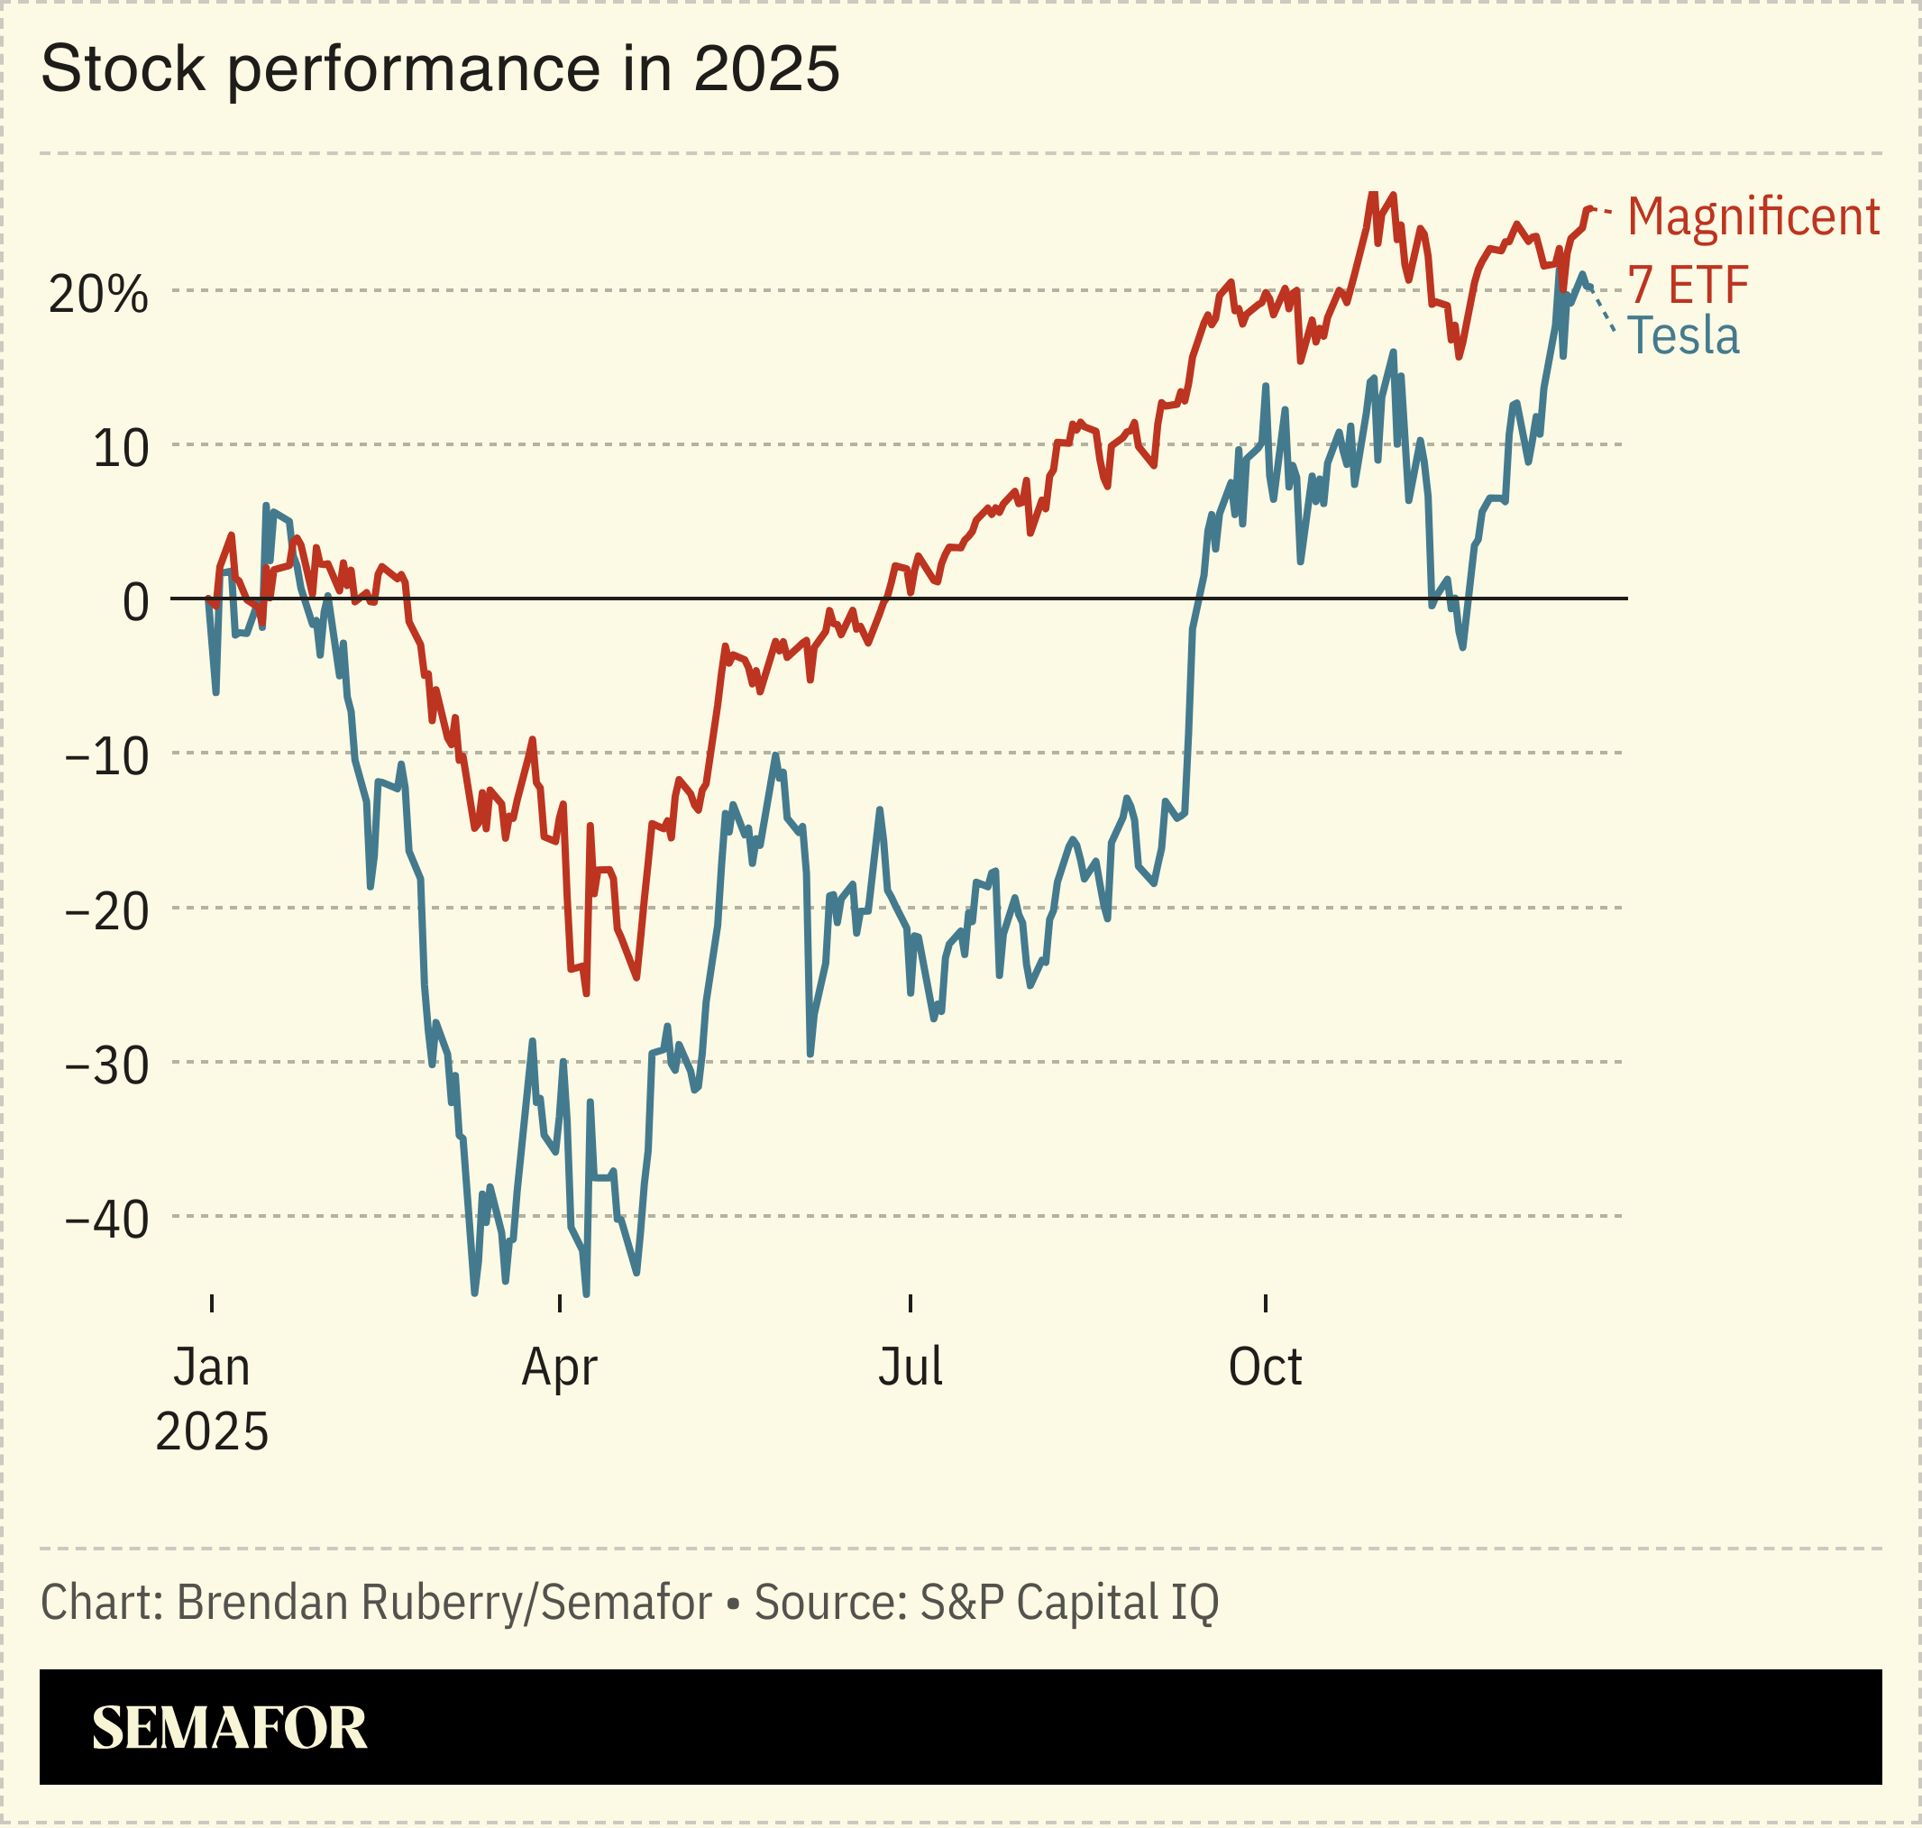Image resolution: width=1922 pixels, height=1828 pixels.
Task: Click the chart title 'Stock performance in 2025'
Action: (440, 69)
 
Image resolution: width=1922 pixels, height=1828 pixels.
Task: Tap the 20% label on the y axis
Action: (98, 294)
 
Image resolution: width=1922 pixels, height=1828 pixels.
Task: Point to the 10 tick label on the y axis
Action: (121, 448)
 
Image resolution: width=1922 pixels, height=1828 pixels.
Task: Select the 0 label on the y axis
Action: (135, 602)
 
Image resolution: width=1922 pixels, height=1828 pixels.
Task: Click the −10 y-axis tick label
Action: (107, 756)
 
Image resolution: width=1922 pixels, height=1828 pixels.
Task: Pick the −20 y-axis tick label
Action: (107, 911)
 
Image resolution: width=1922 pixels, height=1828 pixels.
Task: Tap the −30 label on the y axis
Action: (107, 1065)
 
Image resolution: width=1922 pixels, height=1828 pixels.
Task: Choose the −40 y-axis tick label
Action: (107, 1219)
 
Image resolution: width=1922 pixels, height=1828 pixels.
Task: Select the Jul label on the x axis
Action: (910, 1367)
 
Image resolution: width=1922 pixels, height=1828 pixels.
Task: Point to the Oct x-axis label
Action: (1264, 1367)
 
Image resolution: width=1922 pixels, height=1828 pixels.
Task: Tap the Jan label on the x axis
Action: (212, 1367)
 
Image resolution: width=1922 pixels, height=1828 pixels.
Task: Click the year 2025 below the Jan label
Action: (212, 1431)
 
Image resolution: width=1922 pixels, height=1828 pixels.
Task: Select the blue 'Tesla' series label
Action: (1683, 336)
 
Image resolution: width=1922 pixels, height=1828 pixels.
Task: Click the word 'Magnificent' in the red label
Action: (1753, 216)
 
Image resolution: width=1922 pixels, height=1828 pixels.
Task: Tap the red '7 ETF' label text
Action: (1689, 285)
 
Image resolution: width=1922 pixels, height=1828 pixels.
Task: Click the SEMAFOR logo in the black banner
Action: (229, 1728)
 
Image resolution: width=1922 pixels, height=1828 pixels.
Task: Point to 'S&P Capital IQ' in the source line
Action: (1068, 1603)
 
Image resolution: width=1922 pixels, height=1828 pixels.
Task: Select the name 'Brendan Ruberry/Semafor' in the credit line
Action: (444, 1603)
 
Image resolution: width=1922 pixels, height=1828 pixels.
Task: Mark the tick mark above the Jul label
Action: (910, 1303)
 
